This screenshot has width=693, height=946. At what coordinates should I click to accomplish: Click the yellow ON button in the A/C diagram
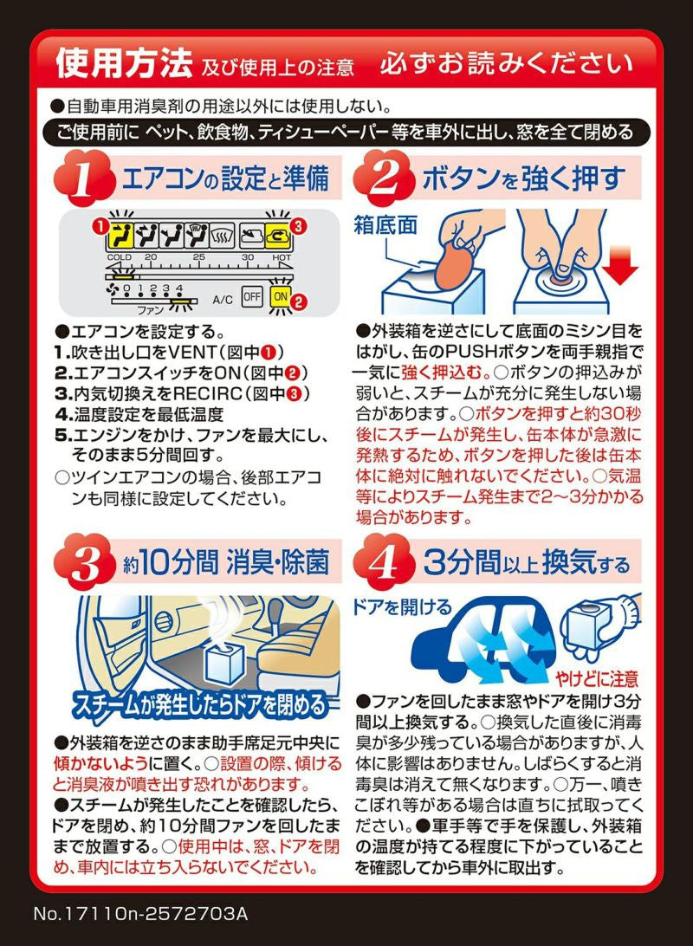pos(280,295)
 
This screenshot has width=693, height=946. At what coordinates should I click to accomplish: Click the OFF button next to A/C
pos(251,295)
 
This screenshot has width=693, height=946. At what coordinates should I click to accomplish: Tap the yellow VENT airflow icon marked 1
pos(123,234)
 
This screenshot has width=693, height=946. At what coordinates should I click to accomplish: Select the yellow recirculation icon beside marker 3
pos(277,234)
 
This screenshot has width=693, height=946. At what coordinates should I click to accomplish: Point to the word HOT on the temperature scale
pos(282,257)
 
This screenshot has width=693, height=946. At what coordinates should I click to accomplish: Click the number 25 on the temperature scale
pos(198,257)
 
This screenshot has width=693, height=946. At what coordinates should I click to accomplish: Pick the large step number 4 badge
pos(381,563)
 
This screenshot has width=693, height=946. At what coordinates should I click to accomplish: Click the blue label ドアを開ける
pos(401,606)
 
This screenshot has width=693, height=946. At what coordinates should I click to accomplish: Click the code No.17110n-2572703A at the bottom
pos(141,914)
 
